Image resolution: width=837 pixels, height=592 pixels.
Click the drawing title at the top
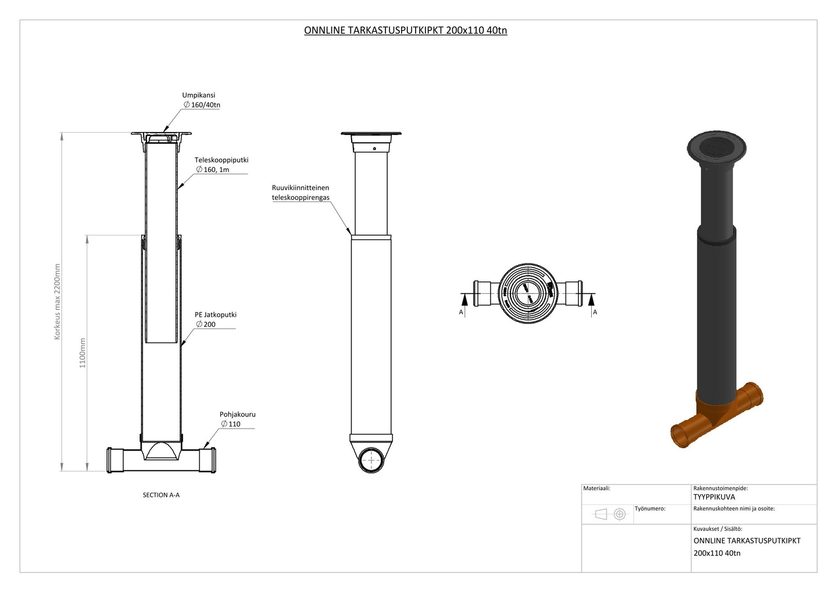[405, 30]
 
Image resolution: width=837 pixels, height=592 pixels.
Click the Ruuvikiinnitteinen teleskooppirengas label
[301, 192]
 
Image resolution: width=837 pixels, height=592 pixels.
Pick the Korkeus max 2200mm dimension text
[57, 302]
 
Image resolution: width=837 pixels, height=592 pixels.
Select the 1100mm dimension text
[83, 353]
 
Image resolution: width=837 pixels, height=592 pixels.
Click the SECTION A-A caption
[161, 495]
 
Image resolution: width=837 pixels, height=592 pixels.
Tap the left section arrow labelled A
[464, 301]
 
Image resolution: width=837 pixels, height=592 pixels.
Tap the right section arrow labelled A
[592, 301]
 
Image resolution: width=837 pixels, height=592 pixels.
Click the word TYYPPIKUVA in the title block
[714, 497]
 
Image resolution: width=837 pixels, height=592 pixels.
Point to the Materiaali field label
[597, 488]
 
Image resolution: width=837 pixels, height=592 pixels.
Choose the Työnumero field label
[650, 508]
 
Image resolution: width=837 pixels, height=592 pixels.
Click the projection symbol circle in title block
[620, 514]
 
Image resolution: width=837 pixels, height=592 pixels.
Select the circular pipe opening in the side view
[371, 461]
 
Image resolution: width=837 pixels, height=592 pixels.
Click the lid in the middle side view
[371, 134]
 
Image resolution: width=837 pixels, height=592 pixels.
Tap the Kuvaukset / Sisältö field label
[717, 529]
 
